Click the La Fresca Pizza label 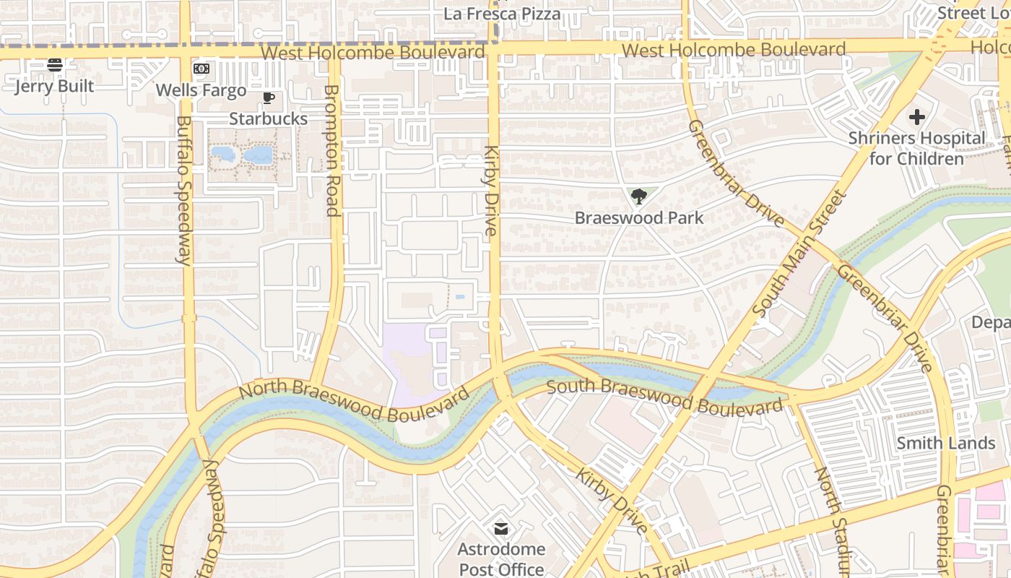(x=501, y=14)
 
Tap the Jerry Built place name (x=55, y=86)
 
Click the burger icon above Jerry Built (x=55, y=65)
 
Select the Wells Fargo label (x=201, y=90)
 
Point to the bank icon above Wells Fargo (x=201, y=69)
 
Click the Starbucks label (x=269, y=118)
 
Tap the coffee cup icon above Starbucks (x=269, y=98)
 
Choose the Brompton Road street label (x=331, y=150)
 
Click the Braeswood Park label (x=638, y=217)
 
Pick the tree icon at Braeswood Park (x=638, y=196)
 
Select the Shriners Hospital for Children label (x=916, y=148)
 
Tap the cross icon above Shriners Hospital (x=916, y=117)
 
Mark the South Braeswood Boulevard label (x=664, y=396)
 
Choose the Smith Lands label (x=946, y=443)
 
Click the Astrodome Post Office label (x=501, y=559)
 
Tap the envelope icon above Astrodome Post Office (x=501, y=529)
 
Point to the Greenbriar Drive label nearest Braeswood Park (x=735, y=173)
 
